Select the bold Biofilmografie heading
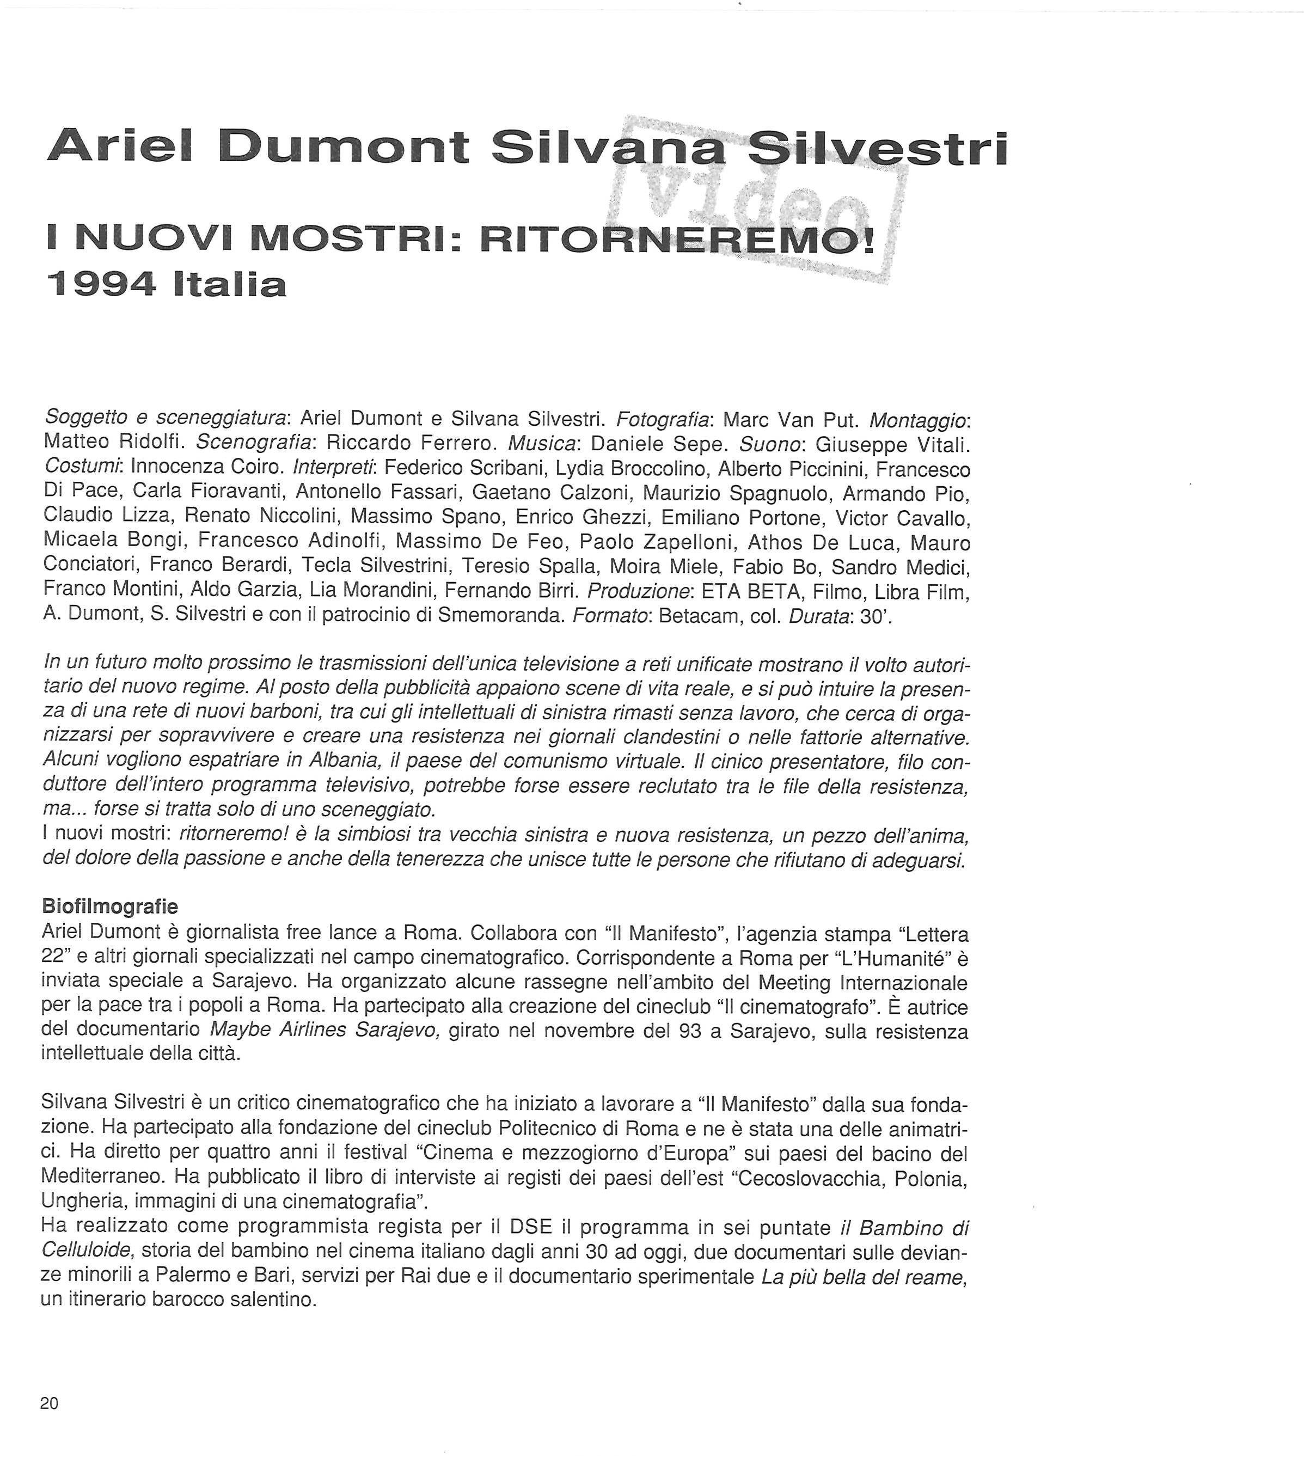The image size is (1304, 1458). [109, 906]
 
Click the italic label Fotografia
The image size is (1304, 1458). [664, 419]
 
